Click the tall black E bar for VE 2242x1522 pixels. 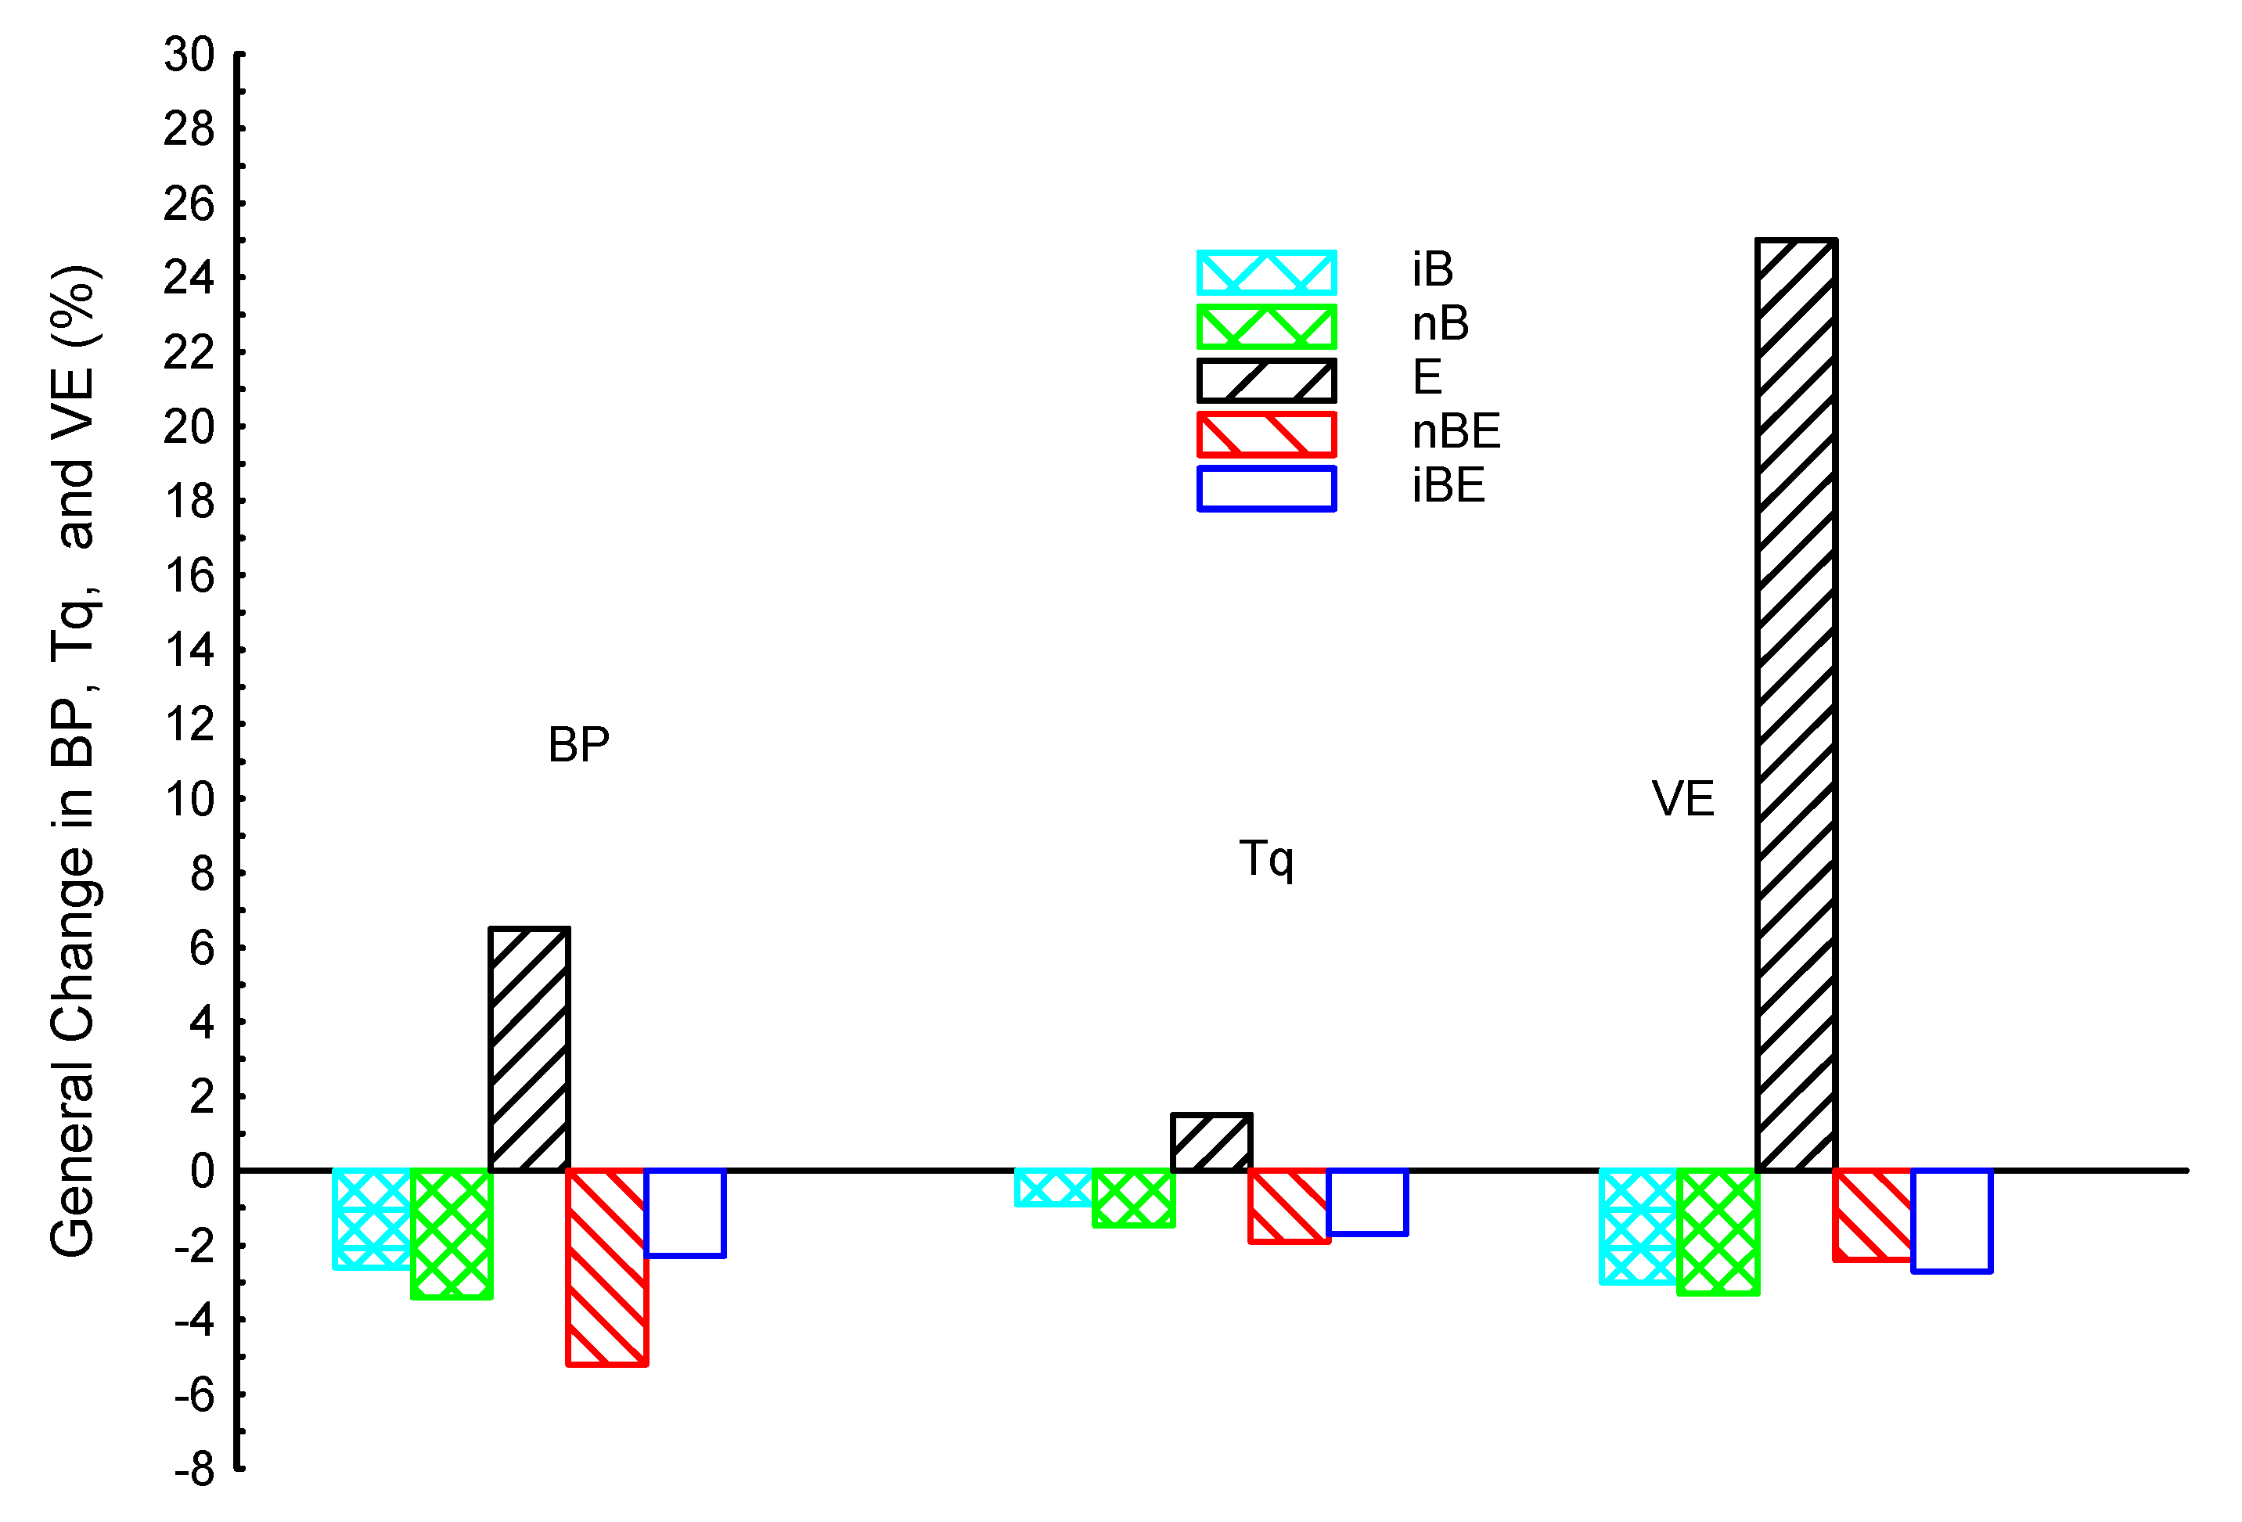pos(1795,704)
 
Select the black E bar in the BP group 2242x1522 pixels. pos(529,1049)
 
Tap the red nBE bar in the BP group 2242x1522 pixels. pos(606,1268)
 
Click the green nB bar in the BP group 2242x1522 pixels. pos(452,1233)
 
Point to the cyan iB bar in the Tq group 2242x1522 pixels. pos(1054,1187)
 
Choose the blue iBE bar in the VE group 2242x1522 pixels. pos(1951,1221)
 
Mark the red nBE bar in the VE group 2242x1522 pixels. pos(1873,1215)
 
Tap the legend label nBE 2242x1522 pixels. pos(1455,431)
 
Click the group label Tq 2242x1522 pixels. pos(1265,858)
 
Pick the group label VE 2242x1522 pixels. pos(1682,799)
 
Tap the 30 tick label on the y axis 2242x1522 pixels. pos(189,55)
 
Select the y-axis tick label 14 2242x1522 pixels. pos(189,650)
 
